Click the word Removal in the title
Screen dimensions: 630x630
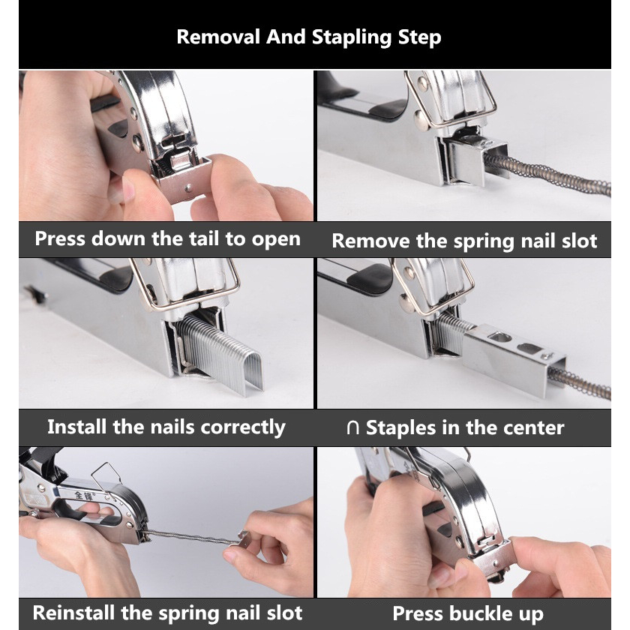[x=218, y=37]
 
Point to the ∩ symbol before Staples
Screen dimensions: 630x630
[x=352, y=428]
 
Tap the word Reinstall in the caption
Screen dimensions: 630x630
[x=74, y=613]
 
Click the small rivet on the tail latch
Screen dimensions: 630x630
[x=188, y=187]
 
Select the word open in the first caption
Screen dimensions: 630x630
[x=276, y=240]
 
